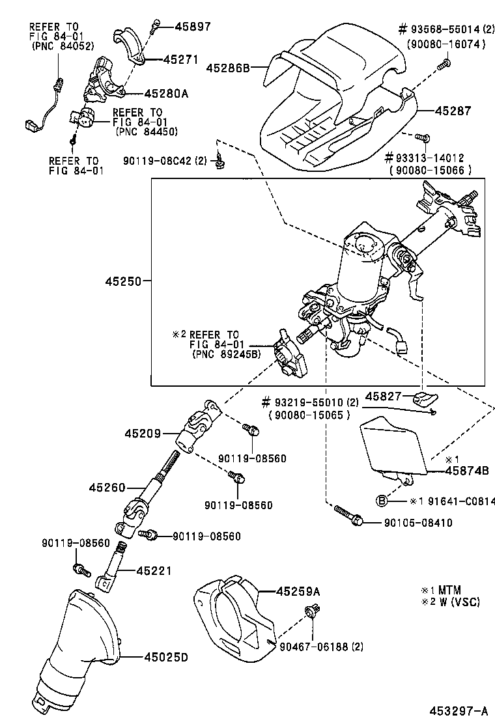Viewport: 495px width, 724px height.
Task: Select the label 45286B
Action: pos(228,67)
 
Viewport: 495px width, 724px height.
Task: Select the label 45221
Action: pos(154,571)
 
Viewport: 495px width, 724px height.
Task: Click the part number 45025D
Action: pos(165,658)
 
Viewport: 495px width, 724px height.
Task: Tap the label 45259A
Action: pos(298,592)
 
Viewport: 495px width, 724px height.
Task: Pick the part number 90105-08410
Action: pos(417,522)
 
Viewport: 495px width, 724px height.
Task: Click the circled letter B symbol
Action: pos(382,501)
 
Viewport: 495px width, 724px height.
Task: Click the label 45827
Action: pos(382,395)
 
